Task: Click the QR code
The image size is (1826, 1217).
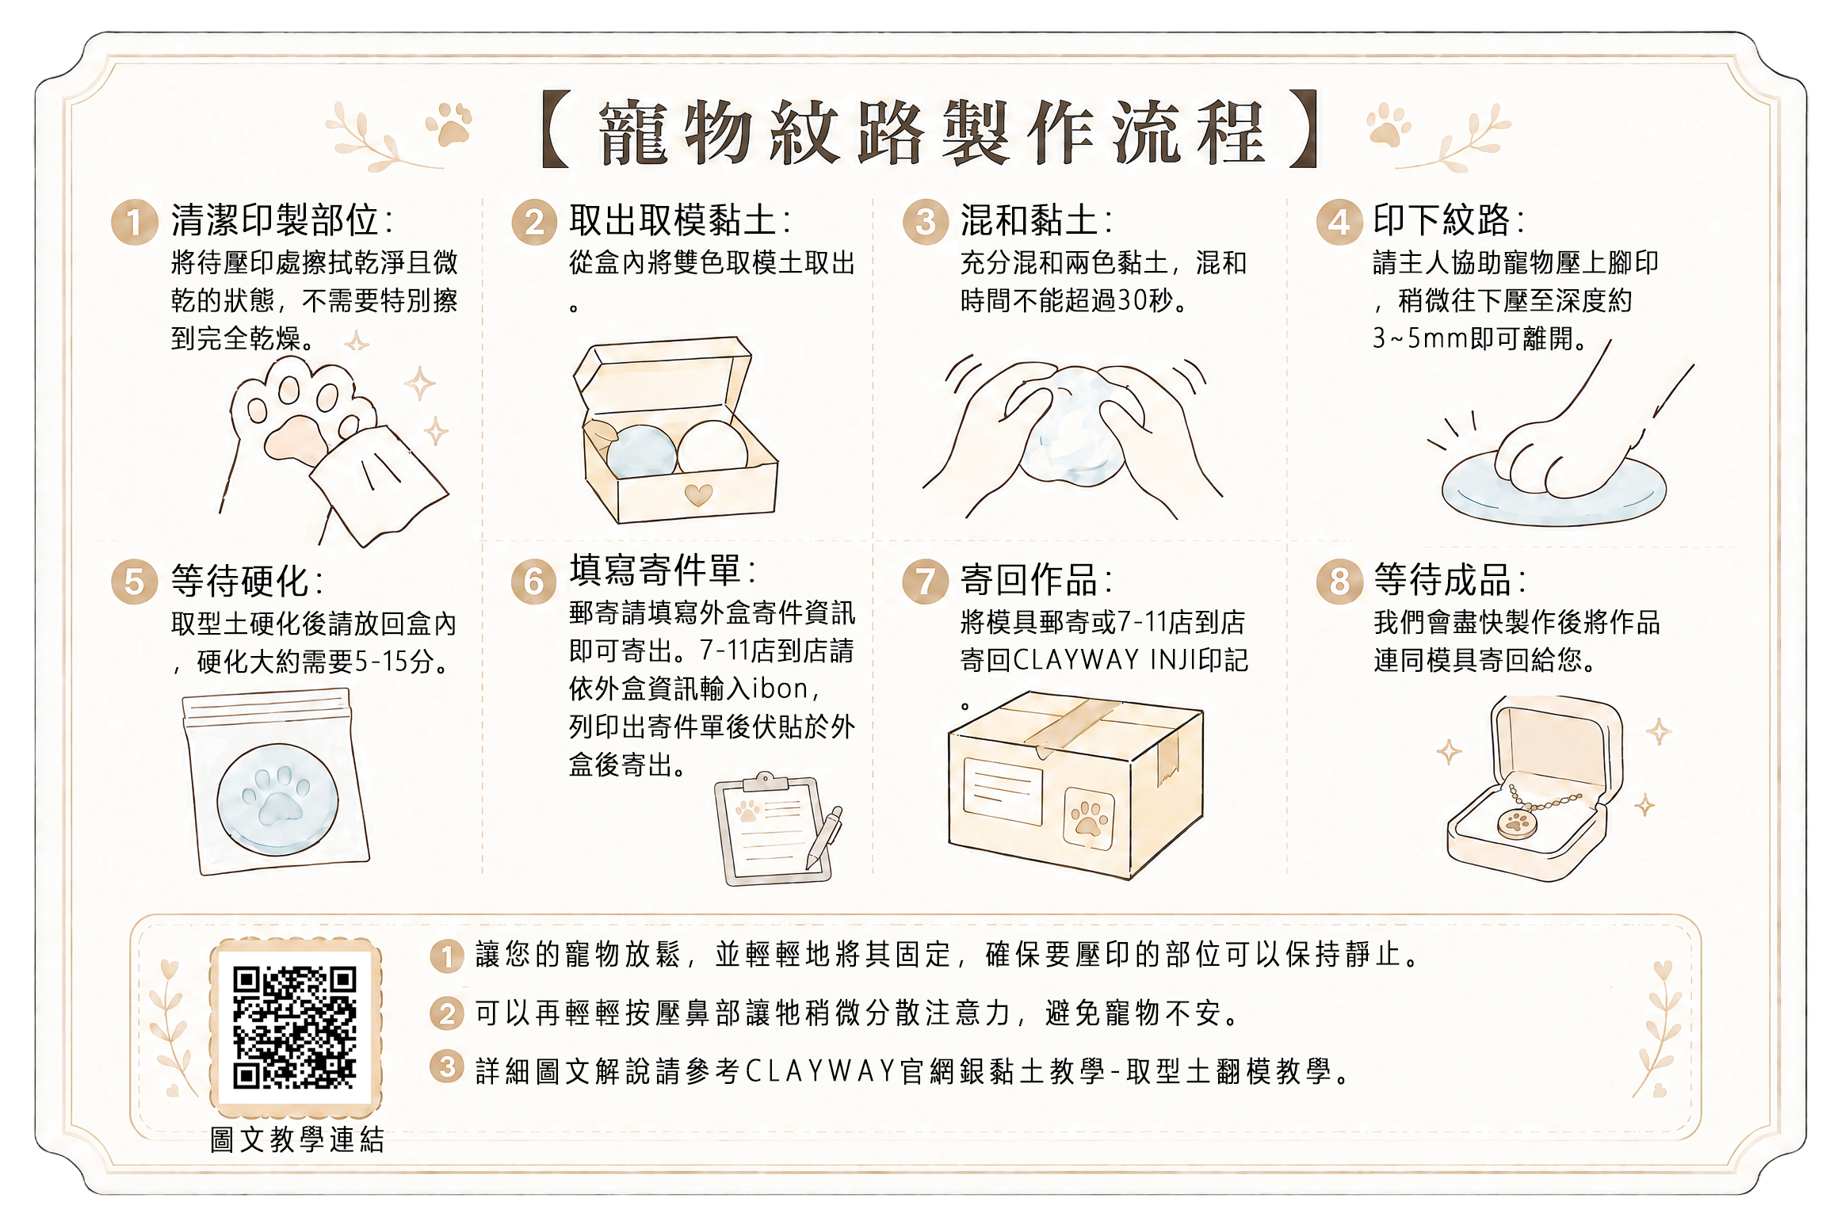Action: (295, 1027)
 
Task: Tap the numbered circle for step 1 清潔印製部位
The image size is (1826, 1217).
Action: (134, 222)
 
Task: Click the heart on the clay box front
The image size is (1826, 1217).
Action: (698, 495)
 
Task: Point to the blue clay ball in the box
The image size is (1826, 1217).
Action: (641, 452)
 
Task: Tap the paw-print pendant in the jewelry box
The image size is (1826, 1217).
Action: (1517, 822)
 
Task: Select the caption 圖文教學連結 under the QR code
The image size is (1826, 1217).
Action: (297, 1139)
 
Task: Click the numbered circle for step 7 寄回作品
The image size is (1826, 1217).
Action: (926, 581)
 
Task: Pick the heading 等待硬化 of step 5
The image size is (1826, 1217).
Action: (239, 581)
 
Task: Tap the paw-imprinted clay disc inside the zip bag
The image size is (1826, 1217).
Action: (277, 799)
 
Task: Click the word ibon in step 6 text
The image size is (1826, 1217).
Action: (779, 689)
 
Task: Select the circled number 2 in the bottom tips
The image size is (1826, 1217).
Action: (447, 1013)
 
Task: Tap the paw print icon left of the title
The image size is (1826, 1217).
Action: (449, 124)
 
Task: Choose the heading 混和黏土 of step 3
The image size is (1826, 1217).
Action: (1029, 220)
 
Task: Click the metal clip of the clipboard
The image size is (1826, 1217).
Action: (765, 781)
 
